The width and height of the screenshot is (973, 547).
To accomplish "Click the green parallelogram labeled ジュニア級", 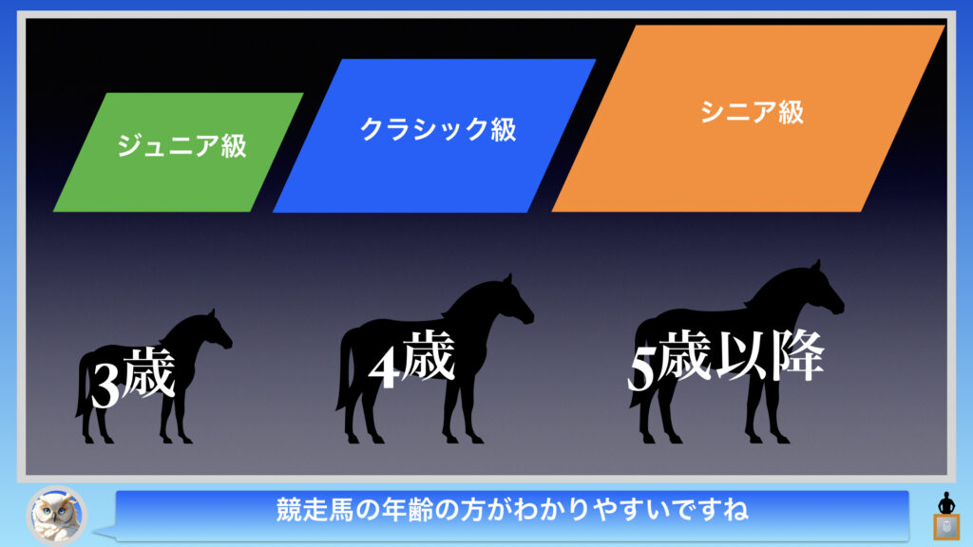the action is pyautogui.click(x=179, y=153).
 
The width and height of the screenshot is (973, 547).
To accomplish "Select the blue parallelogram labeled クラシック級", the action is pyautogui.click(x=434, y=136).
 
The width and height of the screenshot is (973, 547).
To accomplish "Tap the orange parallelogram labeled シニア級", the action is pyautogui.click(x=749, y=119).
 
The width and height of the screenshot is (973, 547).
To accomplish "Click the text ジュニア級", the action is pyautogui.click(x=181, y=145).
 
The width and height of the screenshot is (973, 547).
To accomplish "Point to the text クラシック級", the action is pyautogui.click(x=438, y=129).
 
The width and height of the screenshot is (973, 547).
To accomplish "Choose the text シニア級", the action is pyautogui.click(x=753, y=112).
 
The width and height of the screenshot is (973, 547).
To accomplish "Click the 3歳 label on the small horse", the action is pyautogui.click(x=133, y=376).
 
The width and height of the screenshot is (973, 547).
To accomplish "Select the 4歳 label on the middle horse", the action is pyautogui.click(x=411, y=359).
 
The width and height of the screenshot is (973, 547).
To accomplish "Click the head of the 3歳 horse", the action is pyautogui.click(x=215, y=331).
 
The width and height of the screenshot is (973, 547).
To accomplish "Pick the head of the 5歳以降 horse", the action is pyautogui.click(x=822, y=291).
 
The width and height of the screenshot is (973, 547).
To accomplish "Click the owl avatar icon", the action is pyautogui.click(x=56, y=515).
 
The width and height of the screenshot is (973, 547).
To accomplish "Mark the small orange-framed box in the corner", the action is pyautogui.click(x=946, y=527).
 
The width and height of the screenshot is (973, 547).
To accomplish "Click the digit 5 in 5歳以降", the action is pyautogui.click(x=642, y=369).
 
